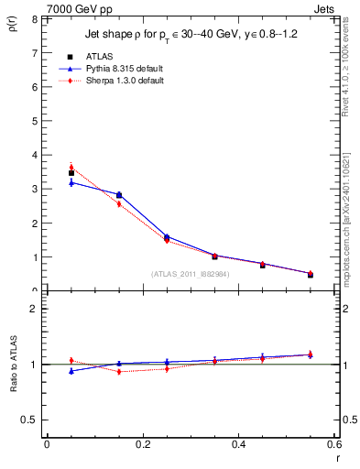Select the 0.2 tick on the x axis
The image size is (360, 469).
(x=143, y=444)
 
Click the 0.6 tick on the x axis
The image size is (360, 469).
(x=334, y=444)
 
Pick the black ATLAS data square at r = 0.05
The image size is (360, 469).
(x=71, y=173)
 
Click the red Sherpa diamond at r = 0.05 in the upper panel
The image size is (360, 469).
(x=71, y=167)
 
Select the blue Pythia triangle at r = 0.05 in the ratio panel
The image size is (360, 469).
(x=71, y=371)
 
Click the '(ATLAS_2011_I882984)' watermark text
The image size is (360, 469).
(x=191, y=274)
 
